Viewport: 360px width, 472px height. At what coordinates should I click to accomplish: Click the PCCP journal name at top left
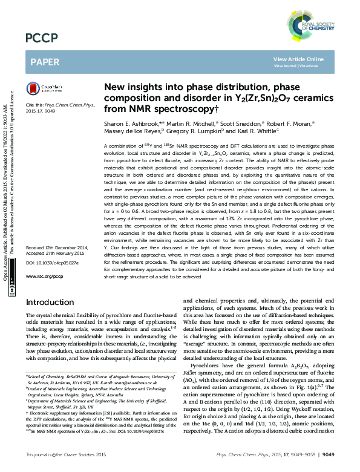click(41, 39)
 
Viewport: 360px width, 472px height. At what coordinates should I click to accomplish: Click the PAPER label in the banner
click(45, 62)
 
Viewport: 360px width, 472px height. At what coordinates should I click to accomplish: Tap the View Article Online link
click(298, 59)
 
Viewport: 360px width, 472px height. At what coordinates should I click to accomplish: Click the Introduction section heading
click(50, 302)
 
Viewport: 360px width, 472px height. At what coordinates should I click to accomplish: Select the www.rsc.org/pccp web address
click(44, 276)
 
